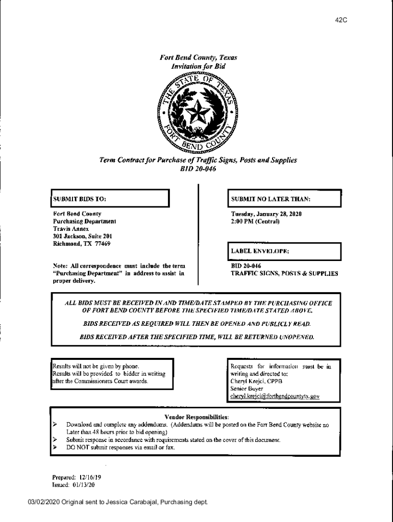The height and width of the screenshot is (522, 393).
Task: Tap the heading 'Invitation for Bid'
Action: pyautogui.click(x=199, y=67)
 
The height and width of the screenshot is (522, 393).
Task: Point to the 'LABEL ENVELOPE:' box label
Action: pyautogui.click(x=260, y=251)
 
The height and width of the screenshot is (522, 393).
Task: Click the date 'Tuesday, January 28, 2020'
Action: pyautogui.click(x=266, y=214)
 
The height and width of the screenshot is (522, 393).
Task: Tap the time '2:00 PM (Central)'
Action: pyautogui.click(x=255, y=222)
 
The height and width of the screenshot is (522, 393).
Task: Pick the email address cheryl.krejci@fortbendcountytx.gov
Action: pyautogui.click(x=275, y=396)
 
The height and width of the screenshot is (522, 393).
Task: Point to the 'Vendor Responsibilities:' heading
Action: pyautogui.click(x=196, y=416)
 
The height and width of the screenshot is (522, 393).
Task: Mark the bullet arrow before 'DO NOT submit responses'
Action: pyautogui.click(x=54, y=447)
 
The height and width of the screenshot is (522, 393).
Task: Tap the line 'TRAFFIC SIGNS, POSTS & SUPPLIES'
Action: pyautogui.click(x=284, y=274)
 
